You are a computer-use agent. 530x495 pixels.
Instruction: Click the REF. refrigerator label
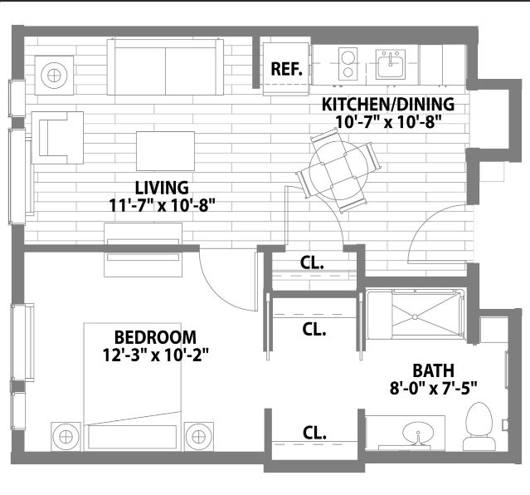click(x=287, y=69)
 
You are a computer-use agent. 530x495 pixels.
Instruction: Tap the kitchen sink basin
click(x=391, y=64)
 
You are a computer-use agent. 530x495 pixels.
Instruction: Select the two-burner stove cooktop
click(x=348, y=64)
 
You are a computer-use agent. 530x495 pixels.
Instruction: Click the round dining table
click(x=338, y=171)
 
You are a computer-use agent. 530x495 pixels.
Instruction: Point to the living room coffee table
click(x=165, y=151)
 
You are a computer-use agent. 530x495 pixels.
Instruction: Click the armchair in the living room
click(x=57, y=138)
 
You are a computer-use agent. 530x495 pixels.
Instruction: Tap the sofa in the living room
click(x=165, y=67)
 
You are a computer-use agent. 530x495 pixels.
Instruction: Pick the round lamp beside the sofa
click(x=54, y=76)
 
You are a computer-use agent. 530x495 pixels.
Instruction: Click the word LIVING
click(x=162, y=188)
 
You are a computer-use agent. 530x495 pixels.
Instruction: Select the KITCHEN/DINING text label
click(x=388, y=105)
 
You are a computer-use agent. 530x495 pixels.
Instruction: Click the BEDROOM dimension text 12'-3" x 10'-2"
click(x=155, y=355)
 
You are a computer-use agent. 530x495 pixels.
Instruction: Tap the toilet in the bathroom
click(x=479, y=426)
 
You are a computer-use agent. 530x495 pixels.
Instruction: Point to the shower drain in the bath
click(x=415, y=317)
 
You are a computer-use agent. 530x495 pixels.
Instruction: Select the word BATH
click(x=433, y=370)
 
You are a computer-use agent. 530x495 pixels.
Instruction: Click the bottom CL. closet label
click(x=314, y=433)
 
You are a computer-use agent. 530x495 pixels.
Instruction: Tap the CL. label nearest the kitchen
click(x=312, y=262)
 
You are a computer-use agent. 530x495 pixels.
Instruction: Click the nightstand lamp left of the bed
click(x=66, y=437)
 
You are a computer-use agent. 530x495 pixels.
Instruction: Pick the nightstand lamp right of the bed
click(x=199, y=437)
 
